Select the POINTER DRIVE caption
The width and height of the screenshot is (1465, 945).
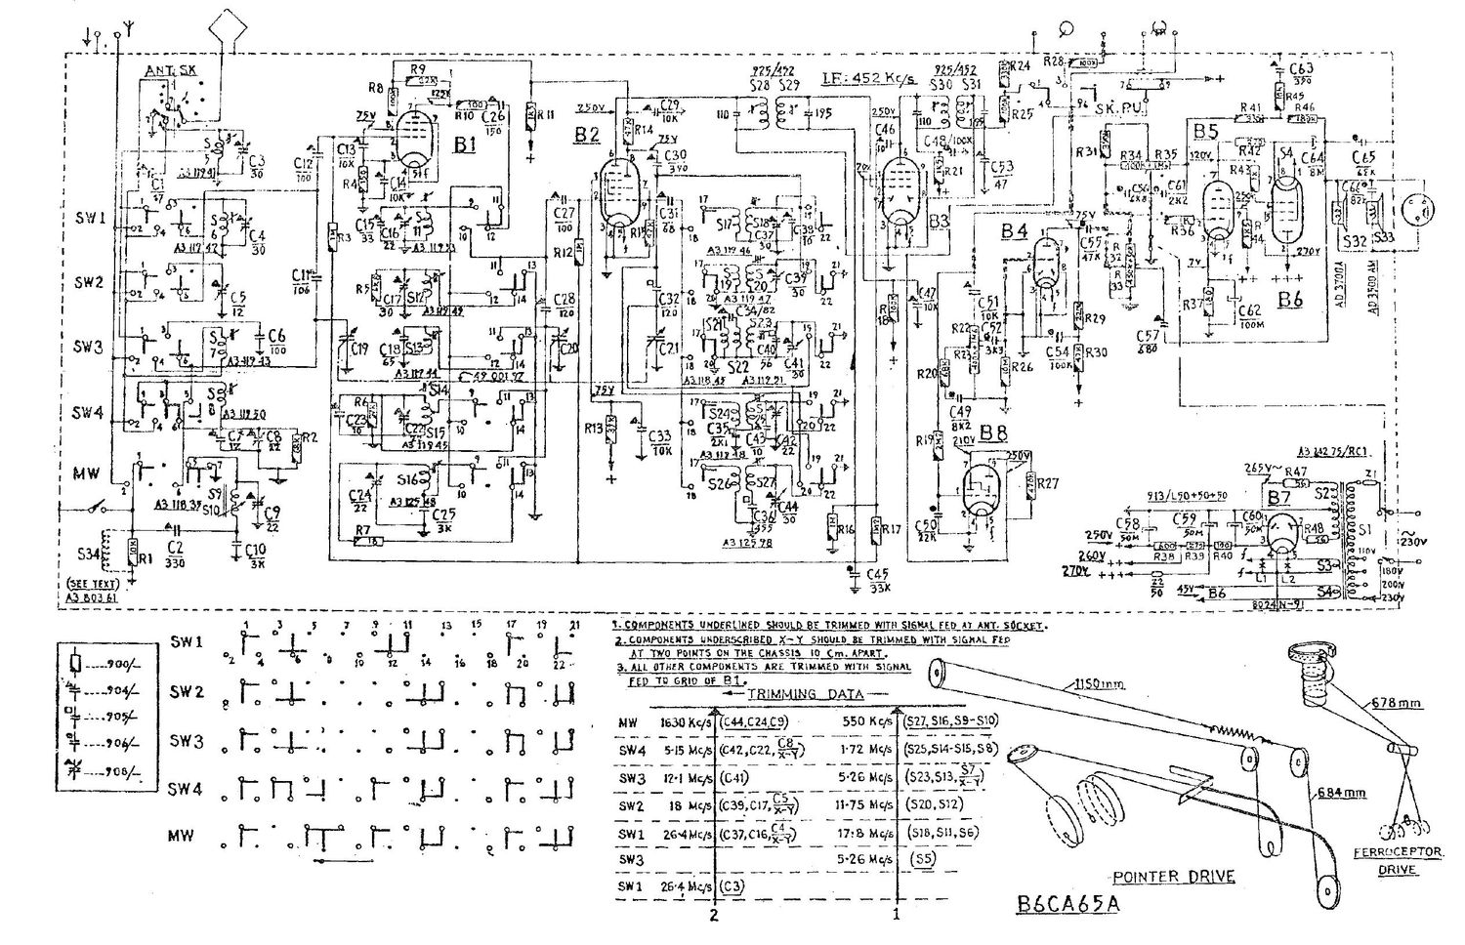pos(1173,876)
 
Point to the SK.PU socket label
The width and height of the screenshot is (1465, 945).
pos(1113,110)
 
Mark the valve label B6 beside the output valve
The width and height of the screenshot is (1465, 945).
pos(1290,299)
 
